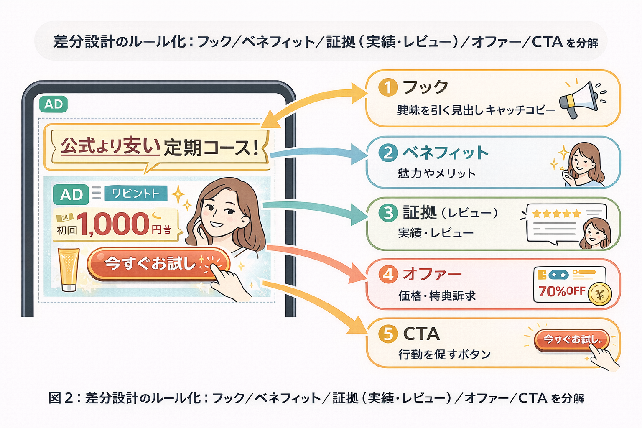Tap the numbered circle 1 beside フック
point(388,88)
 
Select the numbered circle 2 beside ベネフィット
point(388,153)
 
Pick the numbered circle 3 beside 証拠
point(388,213)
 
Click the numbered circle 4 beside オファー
point(388,275)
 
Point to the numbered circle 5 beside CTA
point(388,334)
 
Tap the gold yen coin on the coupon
point(600,294)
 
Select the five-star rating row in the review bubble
point(556,214)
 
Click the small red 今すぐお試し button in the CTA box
point(571,339)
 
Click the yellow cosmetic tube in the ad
point(69,269)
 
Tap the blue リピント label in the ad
point(136,194)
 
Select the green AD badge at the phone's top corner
point(53,104)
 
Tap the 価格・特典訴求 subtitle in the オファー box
point(437,296)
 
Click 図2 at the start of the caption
point(61,398)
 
